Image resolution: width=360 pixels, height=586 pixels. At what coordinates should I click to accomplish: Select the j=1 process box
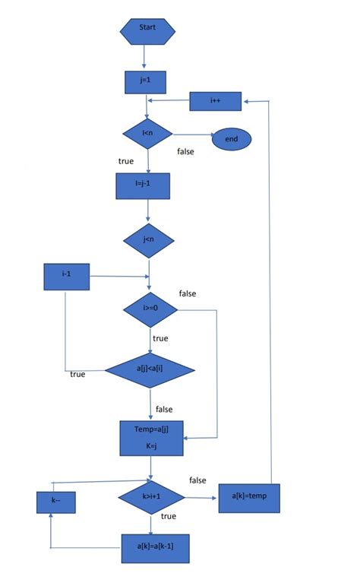click(x=145, y=81)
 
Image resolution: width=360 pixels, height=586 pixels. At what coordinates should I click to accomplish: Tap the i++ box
click(x=215, y=100)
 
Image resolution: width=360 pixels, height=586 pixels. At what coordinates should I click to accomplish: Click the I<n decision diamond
click(x=148, y=134)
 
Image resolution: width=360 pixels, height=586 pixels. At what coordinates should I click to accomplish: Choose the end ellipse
click(x=231, y=138)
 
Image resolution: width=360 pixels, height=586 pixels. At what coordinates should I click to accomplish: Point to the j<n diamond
click(x=149, y=240)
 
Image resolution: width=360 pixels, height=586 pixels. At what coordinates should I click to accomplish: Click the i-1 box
click(x=67, y=277)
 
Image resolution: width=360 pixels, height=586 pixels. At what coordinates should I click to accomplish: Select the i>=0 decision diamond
click(x=150, y=309)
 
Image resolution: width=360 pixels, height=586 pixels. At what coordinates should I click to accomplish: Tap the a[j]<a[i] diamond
click(x=150, y=370)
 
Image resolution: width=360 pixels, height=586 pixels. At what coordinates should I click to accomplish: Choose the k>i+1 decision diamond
click(x=150, y=497)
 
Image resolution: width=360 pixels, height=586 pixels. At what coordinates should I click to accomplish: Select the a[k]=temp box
click(x=249, y=498)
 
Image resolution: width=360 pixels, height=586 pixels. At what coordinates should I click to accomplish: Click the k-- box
click(x=56, y=502)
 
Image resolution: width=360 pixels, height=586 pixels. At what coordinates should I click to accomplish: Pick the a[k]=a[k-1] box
click(x=155, y=546)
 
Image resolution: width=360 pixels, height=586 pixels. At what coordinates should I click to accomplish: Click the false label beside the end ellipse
click(x=185, y=151)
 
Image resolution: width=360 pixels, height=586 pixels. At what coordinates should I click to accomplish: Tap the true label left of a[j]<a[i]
click(x=77, y=374)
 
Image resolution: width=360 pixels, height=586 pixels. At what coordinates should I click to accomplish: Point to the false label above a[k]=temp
click(x=197, y=480)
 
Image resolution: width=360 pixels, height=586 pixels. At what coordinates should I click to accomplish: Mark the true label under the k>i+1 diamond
click(x=169, y=516)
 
